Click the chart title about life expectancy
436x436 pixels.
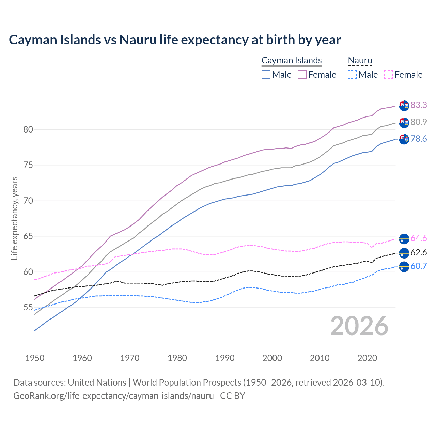[175, 40]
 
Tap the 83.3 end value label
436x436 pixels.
[419, 105]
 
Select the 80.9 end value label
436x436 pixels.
[419, 122]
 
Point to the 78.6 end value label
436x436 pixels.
[419, 139]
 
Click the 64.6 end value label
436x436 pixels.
[419, 238]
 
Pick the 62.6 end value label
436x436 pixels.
[419, 252]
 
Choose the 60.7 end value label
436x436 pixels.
[419, 266]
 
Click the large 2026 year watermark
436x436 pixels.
[359, 326]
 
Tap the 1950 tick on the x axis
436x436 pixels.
[35, 358]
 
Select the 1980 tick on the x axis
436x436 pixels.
[177, 358]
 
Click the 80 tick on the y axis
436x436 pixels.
[28, 129]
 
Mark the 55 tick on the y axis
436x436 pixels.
[28, 308]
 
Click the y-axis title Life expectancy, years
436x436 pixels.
[14, 218]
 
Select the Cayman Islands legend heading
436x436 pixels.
[292, 60]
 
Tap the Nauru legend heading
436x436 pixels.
[360, 60]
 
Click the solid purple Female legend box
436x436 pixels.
[302, 75]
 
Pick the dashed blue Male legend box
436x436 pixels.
[352, 75]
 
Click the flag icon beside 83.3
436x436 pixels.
[404, 106]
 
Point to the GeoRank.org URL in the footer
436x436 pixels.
[113, 396]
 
